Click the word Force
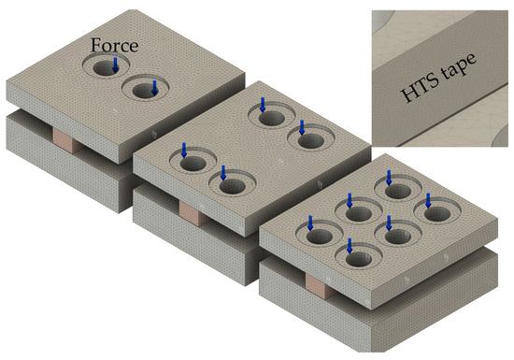[114, 45]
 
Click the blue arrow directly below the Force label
[115, 65]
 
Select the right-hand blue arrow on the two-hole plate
[155, 88]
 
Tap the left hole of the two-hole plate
[106, 66]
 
